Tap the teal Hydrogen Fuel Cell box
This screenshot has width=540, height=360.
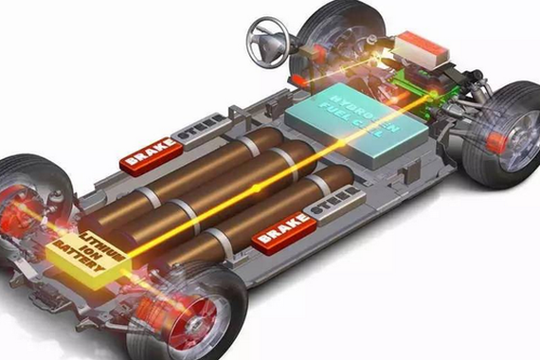point(356,124)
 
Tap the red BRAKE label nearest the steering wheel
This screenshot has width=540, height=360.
point(151,156)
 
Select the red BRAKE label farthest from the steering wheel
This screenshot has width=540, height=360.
point(284,234)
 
